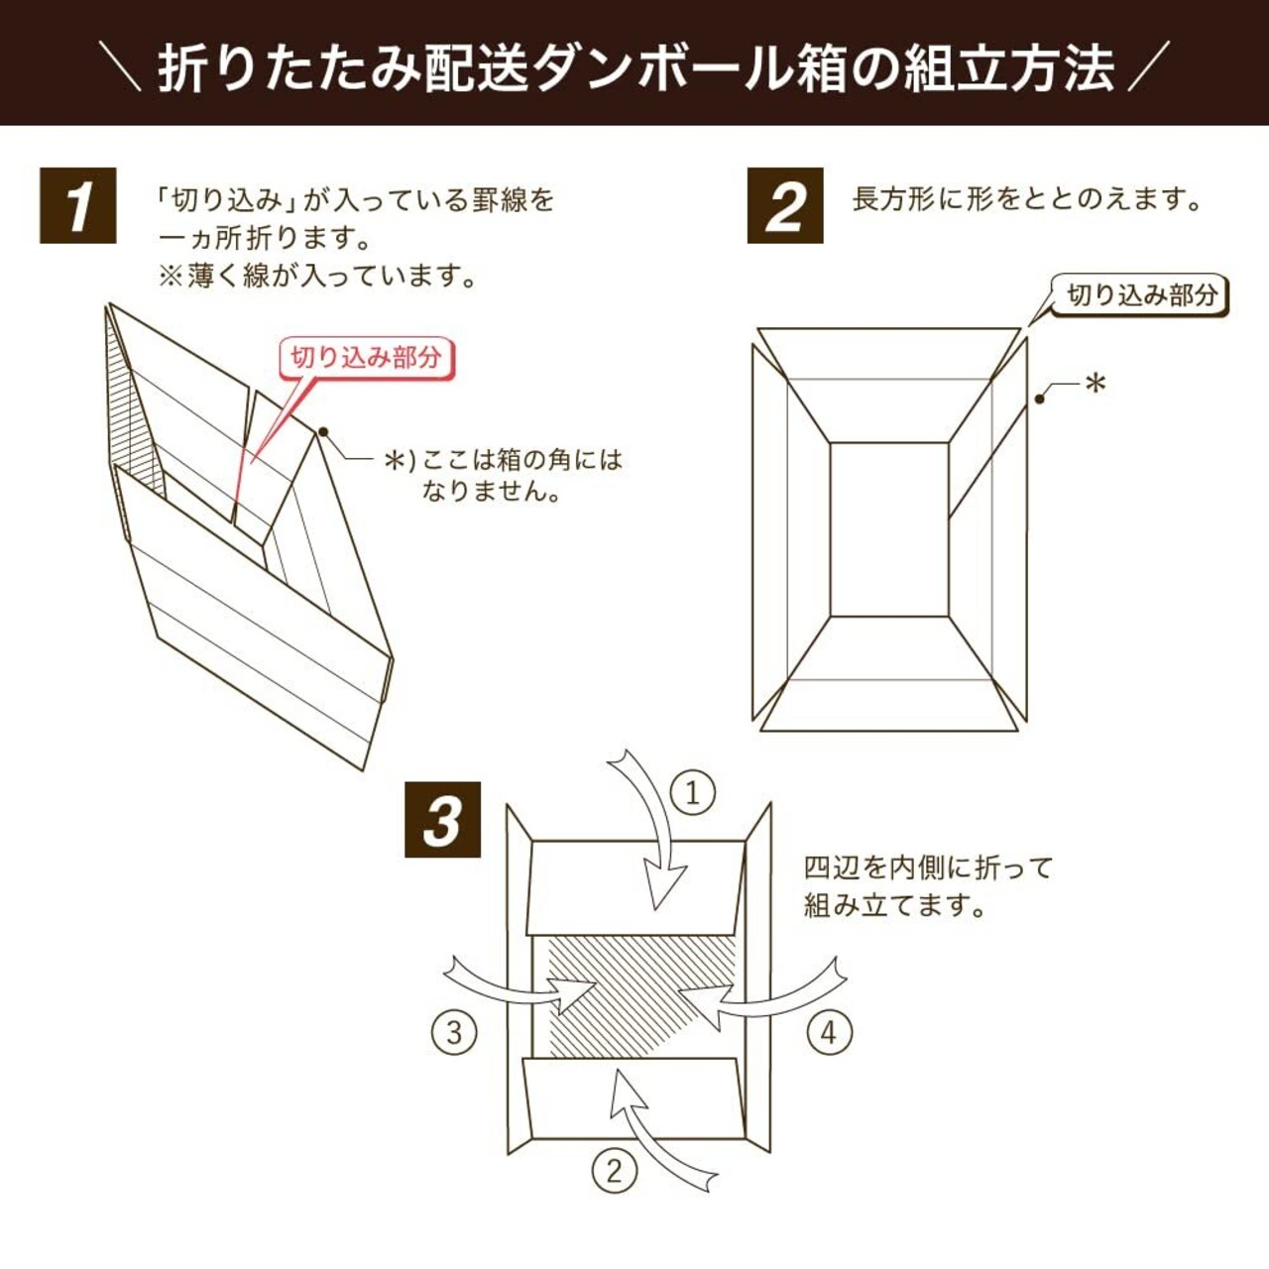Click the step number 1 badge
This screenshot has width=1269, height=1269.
77,205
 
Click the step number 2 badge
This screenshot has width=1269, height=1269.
785,205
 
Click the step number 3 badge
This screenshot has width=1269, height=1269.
442,820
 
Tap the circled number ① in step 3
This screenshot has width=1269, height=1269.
692,793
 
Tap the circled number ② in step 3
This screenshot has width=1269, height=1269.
614,1171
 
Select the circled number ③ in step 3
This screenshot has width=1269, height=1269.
454,1032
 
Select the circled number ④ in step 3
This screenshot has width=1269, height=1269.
828,1032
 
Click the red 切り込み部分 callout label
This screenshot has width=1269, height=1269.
366,357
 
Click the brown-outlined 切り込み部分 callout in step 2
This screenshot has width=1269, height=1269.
1141,294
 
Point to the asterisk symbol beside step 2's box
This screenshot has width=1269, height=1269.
1095,383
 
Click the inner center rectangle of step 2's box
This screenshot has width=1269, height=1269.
888,529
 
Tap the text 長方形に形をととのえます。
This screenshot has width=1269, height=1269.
1026,199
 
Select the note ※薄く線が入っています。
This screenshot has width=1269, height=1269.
318,276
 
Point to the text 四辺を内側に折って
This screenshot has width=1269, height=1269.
928,867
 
